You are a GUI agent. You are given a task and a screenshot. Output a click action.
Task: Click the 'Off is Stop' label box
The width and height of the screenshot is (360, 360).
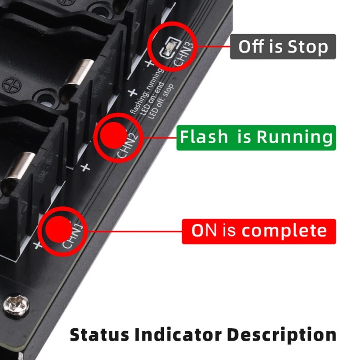point(283,47)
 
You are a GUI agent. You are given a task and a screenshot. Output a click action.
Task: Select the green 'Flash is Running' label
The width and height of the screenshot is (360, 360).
point(256,138)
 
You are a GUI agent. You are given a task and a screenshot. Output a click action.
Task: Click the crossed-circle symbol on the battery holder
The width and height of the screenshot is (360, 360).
point(12,85)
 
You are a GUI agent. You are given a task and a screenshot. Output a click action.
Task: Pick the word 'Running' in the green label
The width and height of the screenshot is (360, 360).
point(294,138)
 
